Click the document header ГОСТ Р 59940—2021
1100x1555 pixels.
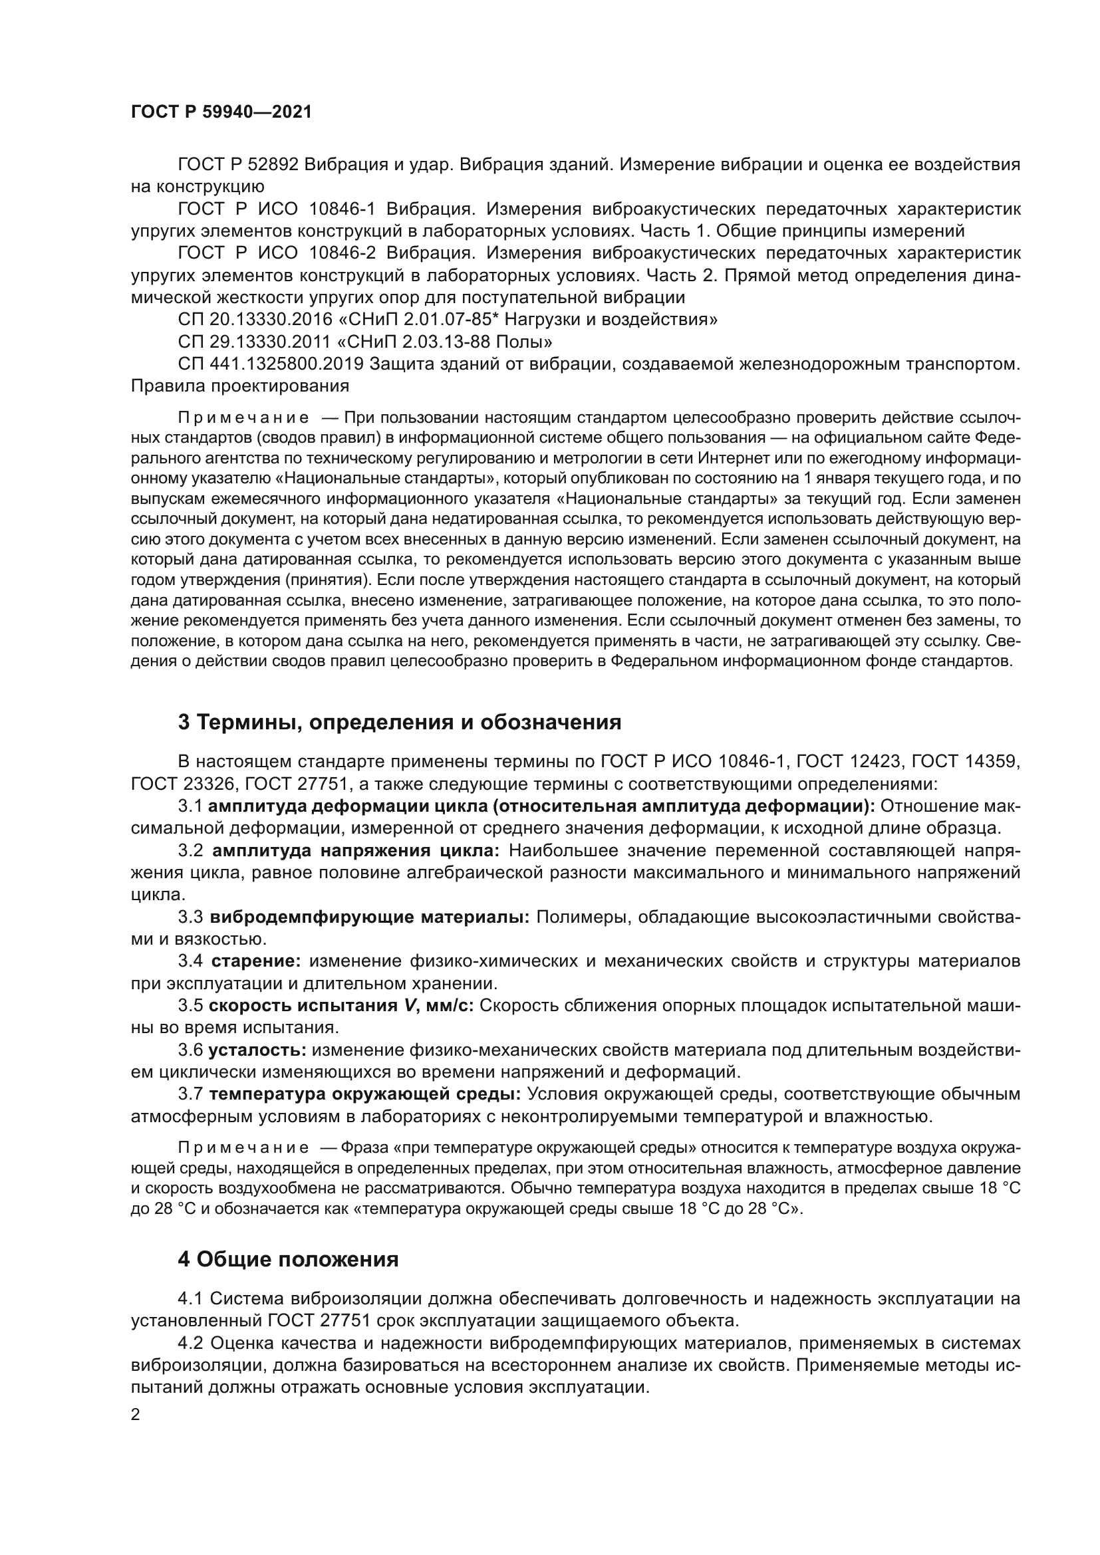[x=221, y=112]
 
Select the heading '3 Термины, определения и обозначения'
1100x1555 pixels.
[x=400, y=723]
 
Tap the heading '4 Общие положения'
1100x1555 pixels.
[x=288, y=1260]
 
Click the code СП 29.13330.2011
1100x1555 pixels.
[x=254, y=341]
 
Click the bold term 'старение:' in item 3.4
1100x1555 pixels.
[x=256, y=961]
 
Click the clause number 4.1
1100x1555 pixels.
[x=190, y=1298]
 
